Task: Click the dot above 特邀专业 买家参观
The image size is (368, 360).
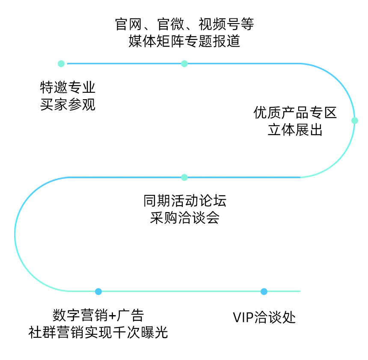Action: (x=61, y=64)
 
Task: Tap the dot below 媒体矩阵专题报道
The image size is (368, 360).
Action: (x=184, y=64)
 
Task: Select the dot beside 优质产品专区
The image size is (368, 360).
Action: (x=354, y=121)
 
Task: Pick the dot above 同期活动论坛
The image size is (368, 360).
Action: (x=184, y=177)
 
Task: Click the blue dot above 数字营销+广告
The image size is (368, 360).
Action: (x=98, y=292)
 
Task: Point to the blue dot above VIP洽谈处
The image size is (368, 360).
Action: (x=264, y=292)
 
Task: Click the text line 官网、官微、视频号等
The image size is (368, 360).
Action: (x=184, y=24)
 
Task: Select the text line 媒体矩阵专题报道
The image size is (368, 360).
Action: (x=184, y=41)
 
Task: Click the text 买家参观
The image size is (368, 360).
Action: (x=68, y=105)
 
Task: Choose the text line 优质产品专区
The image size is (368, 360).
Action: (x=295, y=113)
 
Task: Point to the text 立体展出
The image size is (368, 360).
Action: (x=295, y=130)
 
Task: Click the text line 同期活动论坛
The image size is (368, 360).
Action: (x=184, y=201)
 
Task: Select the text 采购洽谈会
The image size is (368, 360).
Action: (x=184, y=218)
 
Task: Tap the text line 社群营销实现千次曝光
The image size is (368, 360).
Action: (x=98, y=332)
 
